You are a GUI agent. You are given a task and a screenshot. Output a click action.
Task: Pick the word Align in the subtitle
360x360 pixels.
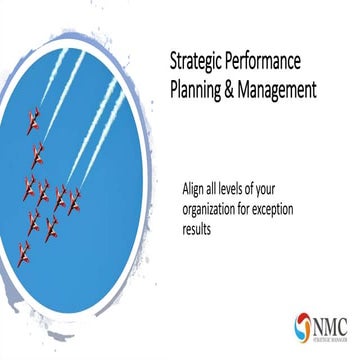pyautogui.click(x=195, y=186)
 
